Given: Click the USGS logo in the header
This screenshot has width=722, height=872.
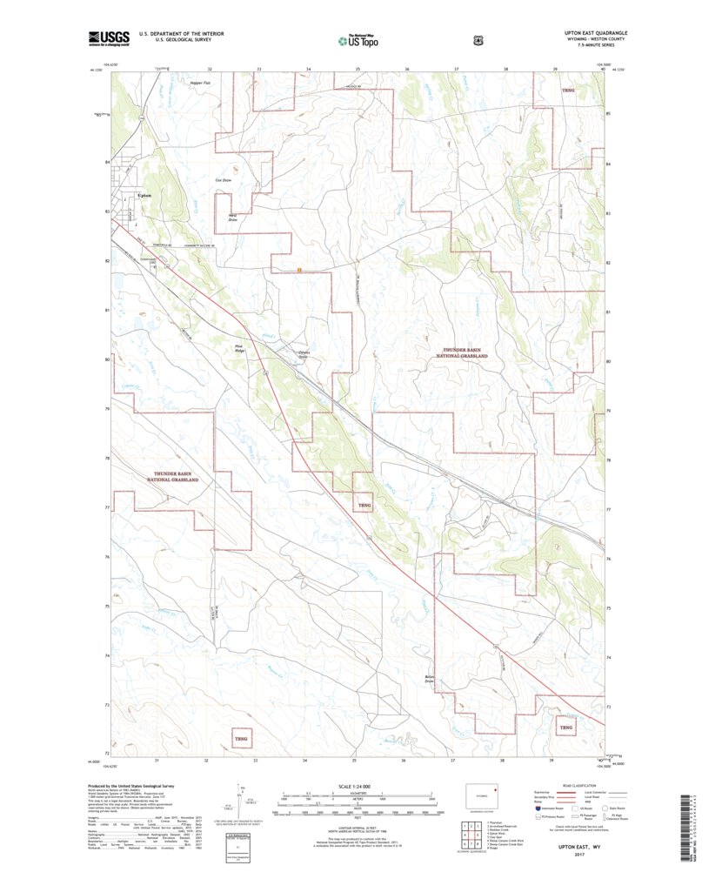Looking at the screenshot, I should (x=108, y=38).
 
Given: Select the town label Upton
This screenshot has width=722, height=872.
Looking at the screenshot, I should (x=145, y=196).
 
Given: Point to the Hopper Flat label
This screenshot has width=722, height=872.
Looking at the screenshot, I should (x=177, y=85).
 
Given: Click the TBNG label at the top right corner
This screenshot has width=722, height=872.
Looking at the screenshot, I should (x=568, y=91).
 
